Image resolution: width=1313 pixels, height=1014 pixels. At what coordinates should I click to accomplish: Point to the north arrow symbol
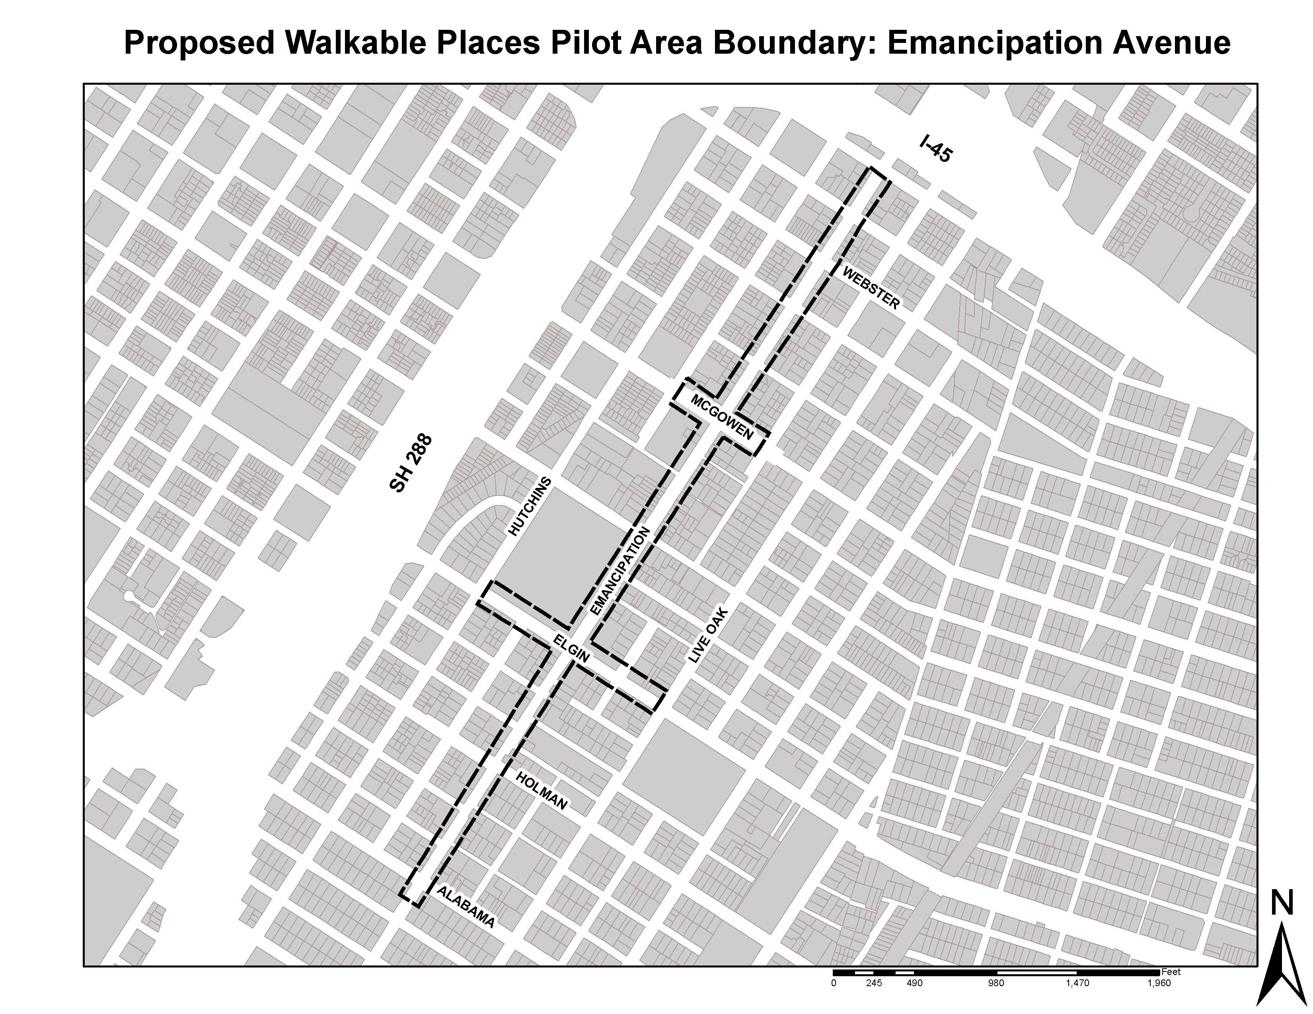coord(1282,964)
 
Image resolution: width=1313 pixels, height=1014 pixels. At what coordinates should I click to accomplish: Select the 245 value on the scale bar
coord(873,983)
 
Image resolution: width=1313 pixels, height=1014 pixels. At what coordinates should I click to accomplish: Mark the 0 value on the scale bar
coord(833,983)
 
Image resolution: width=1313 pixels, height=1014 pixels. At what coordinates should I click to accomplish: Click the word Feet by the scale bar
coord(1171,971)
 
